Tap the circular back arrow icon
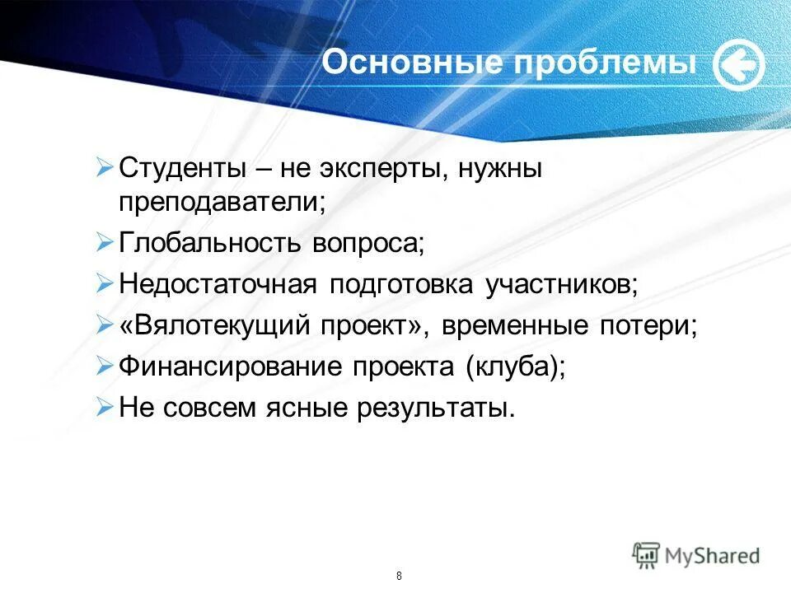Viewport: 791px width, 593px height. coord(738,66)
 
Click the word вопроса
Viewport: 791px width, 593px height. coord(367,244)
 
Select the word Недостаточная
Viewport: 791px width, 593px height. coord(218,284)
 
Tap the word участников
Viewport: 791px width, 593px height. coord(562,284)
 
